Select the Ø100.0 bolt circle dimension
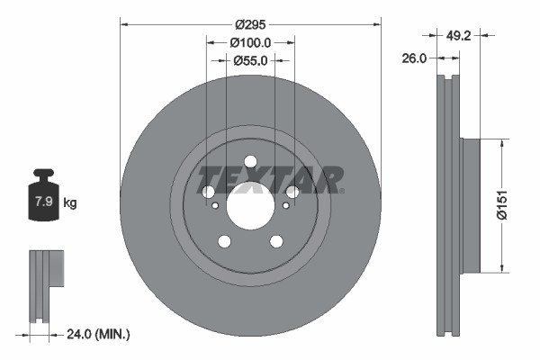pyautogui.click(x=250, y=43)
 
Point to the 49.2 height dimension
pyautogui.click(x=460, y=36)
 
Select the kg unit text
pyautogui.click(x=70, y=203)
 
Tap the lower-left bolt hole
pyautogui.click(x=224, y=240)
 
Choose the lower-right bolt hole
pyautogui.click(x=276, y=240)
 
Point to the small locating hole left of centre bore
pyautogui.click(x=215, y=206)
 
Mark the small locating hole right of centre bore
pyautogui.click(x=285, y=206)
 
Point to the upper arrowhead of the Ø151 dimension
pyautogui.click(x=500, y=143)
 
